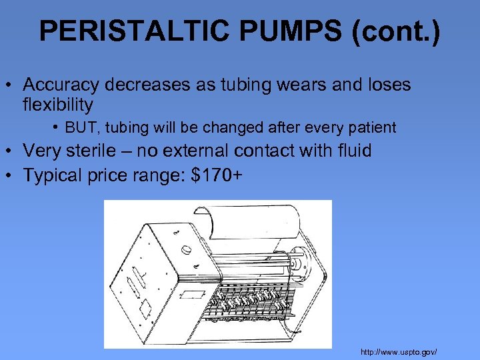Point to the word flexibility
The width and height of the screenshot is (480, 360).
pyautogui.click(x=58, y=105)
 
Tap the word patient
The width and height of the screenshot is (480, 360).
pyautogui.click(x=372, y=127)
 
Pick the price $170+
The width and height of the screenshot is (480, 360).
pyautogui.click(x=215, y=175)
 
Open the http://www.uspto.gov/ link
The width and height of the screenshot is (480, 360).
pyautogui.click(x=399, y=351)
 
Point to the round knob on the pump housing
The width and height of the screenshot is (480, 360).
pyautogui.click(x=188, y=251)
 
